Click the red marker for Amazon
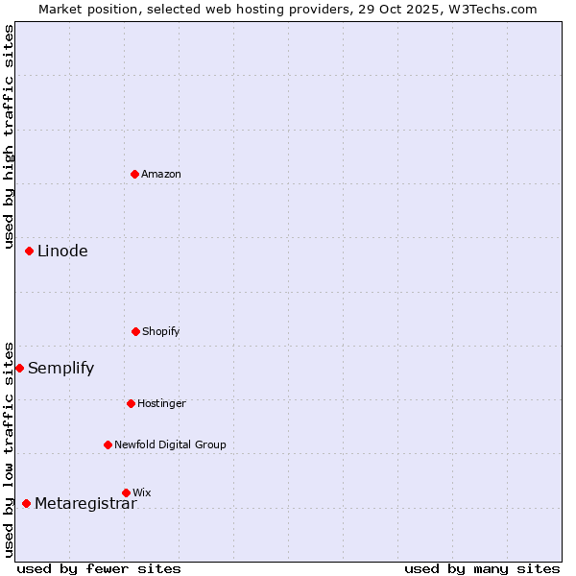[x=135, y=174]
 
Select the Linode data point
[x=30, y=251]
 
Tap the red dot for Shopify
[x=136, y=331]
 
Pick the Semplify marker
[x=19, y=368]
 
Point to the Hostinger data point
[x=132, y=403]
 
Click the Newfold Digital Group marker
[x=108, y=444]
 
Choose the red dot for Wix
[x=126, y=492]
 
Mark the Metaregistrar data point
[x=26, y=503]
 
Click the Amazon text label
[x=161, y=174]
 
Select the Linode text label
[x=62, y=252]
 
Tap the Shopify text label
[x=161, y=331]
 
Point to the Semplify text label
[x=60, y=369]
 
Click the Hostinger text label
[x=161, y=403]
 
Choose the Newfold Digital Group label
[x=170, y=444]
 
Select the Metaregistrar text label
[x=85, y=504]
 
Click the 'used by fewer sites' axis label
[x=99, y=568]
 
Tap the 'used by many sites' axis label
[x=482, y=568]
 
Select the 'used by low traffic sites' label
[x=9, y=449]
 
